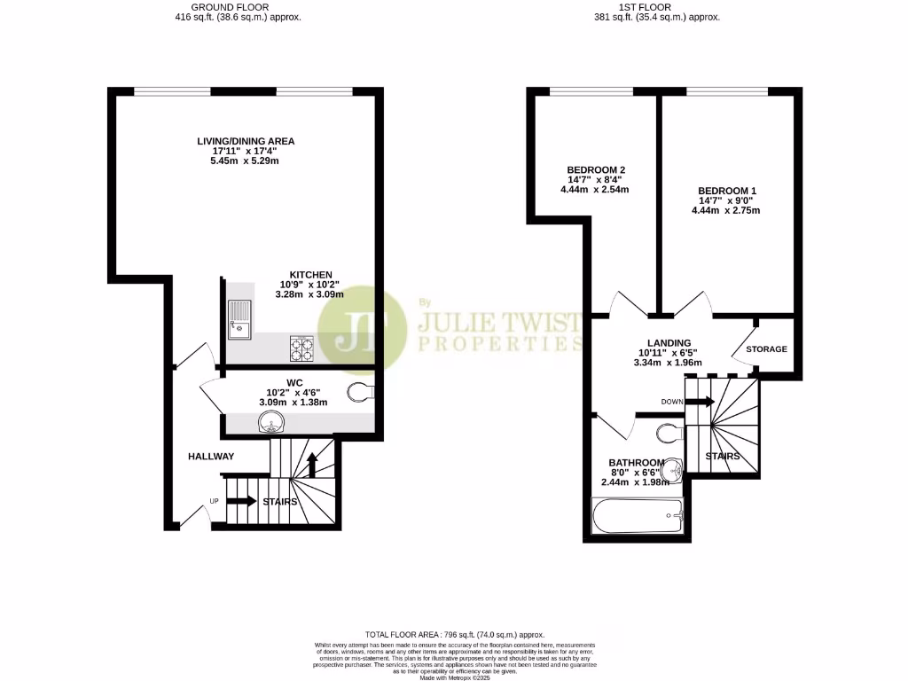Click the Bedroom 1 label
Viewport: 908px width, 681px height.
(728, 191)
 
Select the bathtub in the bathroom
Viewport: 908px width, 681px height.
(638, 515)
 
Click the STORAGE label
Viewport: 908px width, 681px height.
(766, 349)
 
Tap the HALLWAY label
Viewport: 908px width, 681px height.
(211, 456)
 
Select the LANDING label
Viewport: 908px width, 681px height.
(669, 343)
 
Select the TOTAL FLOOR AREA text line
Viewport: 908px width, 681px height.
(453, 633)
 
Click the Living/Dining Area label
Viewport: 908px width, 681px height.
(246, 141)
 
